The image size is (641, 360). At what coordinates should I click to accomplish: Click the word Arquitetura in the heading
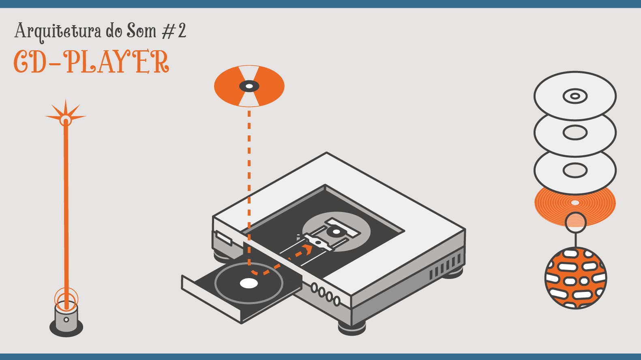coord(58,31)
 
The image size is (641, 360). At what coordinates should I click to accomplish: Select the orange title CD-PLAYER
coord(91,62)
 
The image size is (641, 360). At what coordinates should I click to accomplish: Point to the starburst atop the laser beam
coord(66,114)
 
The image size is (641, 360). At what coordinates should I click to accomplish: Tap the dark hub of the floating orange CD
coord(249,86)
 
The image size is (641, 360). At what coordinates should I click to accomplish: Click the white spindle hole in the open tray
coord(249,283)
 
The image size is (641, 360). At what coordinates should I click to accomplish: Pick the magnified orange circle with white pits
coord(576,279)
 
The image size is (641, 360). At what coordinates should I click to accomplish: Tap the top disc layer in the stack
coord(575,96)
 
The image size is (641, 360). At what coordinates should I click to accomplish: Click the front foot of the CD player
coord(352,328)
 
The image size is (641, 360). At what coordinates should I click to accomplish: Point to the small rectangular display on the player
coord(224,238)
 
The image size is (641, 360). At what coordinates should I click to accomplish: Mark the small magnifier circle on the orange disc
coord(575,222)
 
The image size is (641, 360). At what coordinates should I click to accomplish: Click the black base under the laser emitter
coord(66,328)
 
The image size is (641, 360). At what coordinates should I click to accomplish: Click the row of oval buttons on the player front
coord(325,294)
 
